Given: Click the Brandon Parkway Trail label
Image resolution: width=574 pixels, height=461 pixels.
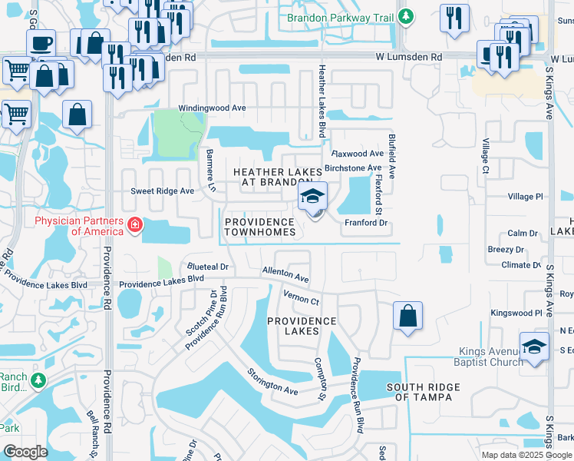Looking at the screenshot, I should (342, 17).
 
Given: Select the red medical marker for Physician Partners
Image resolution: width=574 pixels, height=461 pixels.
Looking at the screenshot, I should (135, 225).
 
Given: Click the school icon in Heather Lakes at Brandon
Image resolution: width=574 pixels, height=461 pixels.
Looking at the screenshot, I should (313, 197).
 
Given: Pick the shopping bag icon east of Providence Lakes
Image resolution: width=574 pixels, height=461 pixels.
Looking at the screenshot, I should (407, 316).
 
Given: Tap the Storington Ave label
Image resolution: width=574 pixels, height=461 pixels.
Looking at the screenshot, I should (272, 382).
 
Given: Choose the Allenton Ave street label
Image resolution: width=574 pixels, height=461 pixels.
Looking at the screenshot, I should (285, 274).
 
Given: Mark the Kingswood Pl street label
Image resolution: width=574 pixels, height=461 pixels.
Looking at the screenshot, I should (516, 313).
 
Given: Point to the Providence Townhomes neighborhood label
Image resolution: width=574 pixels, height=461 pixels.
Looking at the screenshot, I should (259, 227).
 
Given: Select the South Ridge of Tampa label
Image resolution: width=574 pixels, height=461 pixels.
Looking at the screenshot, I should (423, 392).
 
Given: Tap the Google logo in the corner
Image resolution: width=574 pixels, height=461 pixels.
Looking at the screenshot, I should (25, 451).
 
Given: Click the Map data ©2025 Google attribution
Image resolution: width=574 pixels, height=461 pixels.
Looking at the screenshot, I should (526, 455).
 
